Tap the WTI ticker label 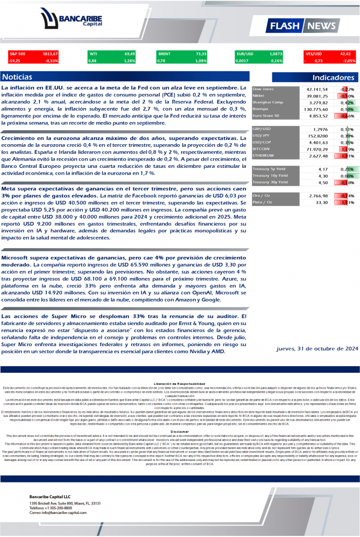pos(93,53)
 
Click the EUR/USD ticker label pos(245,53)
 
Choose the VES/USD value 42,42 pos(345,53)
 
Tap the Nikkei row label pos(258,96)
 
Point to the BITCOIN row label pos(261,149)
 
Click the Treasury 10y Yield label pos(270,176)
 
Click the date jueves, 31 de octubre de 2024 pos(317,348)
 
